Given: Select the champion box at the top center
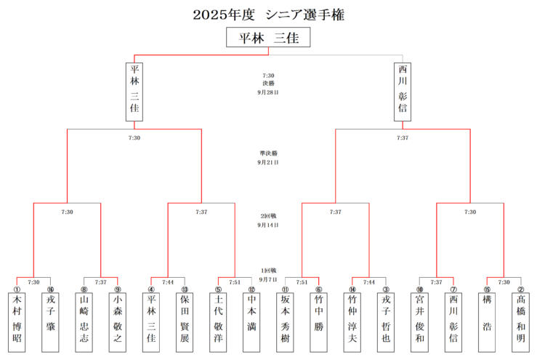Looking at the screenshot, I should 268,38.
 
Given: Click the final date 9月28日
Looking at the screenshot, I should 268,93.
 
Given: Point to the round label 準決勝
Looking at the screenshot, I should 268,153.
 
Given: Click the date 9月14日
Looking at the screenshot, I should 268,225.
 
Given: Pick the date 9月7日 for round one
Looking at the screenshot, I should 268,279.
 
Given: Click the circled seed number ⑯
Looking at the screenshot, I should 50,289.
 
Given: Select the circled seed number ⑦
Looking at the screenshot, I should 453,289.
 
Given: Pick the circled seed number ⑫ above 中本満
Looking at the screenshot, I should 251,289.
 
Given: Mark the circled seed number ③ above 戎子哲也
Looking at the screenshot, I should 386,289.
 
